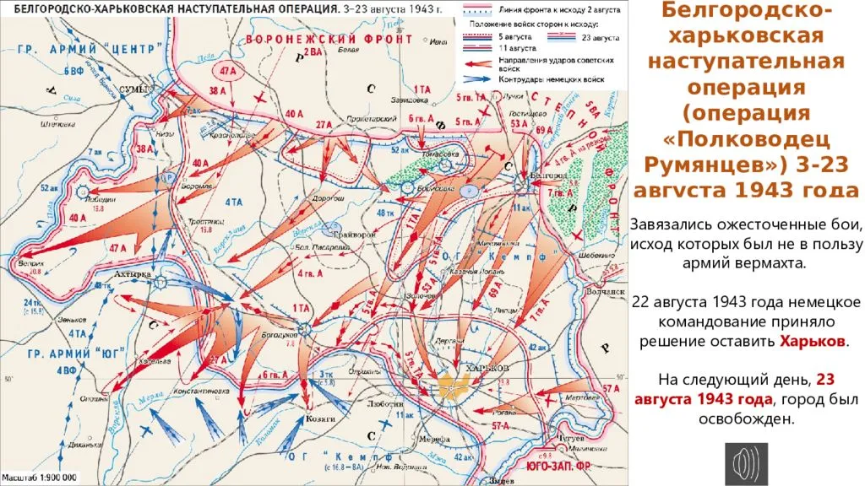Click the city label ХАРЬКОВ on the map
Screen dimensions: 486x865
pyautogui.click(x=482, y=370)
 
